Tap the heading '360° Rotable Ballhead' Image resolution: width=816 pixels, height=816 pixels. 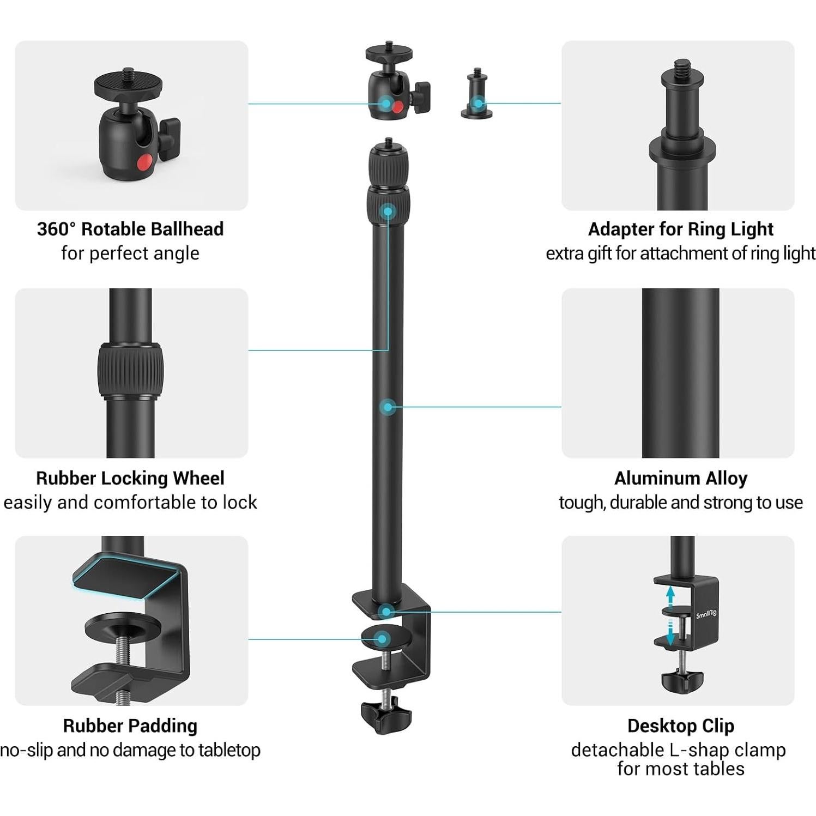tap(130, 229)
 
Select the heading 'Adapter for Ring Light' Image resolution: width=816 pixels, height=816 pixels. tap(680, 229)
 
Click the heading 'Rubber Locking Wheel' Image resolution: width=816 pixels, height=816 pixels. tap(130, 478)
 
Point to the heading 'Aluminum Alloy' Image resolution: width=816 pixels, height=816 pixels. tap(680, 478)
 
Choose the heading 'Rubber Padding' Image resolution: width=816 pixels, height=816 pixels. tap(130, 726)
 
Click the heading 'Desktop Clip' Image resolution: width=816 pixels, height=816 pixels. tap(680, 726)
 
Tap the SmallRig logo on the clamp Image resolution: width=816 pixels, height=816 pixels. tap(706, 614)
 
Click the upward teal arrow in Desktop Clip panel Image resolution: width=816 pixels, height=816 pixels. tap(670, 594)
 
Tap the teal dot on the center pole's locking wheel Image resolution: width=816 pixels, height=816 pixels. tap(388, 211)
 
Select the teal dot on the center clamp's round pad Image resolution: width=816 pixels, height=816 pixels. tap(383, 639)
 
